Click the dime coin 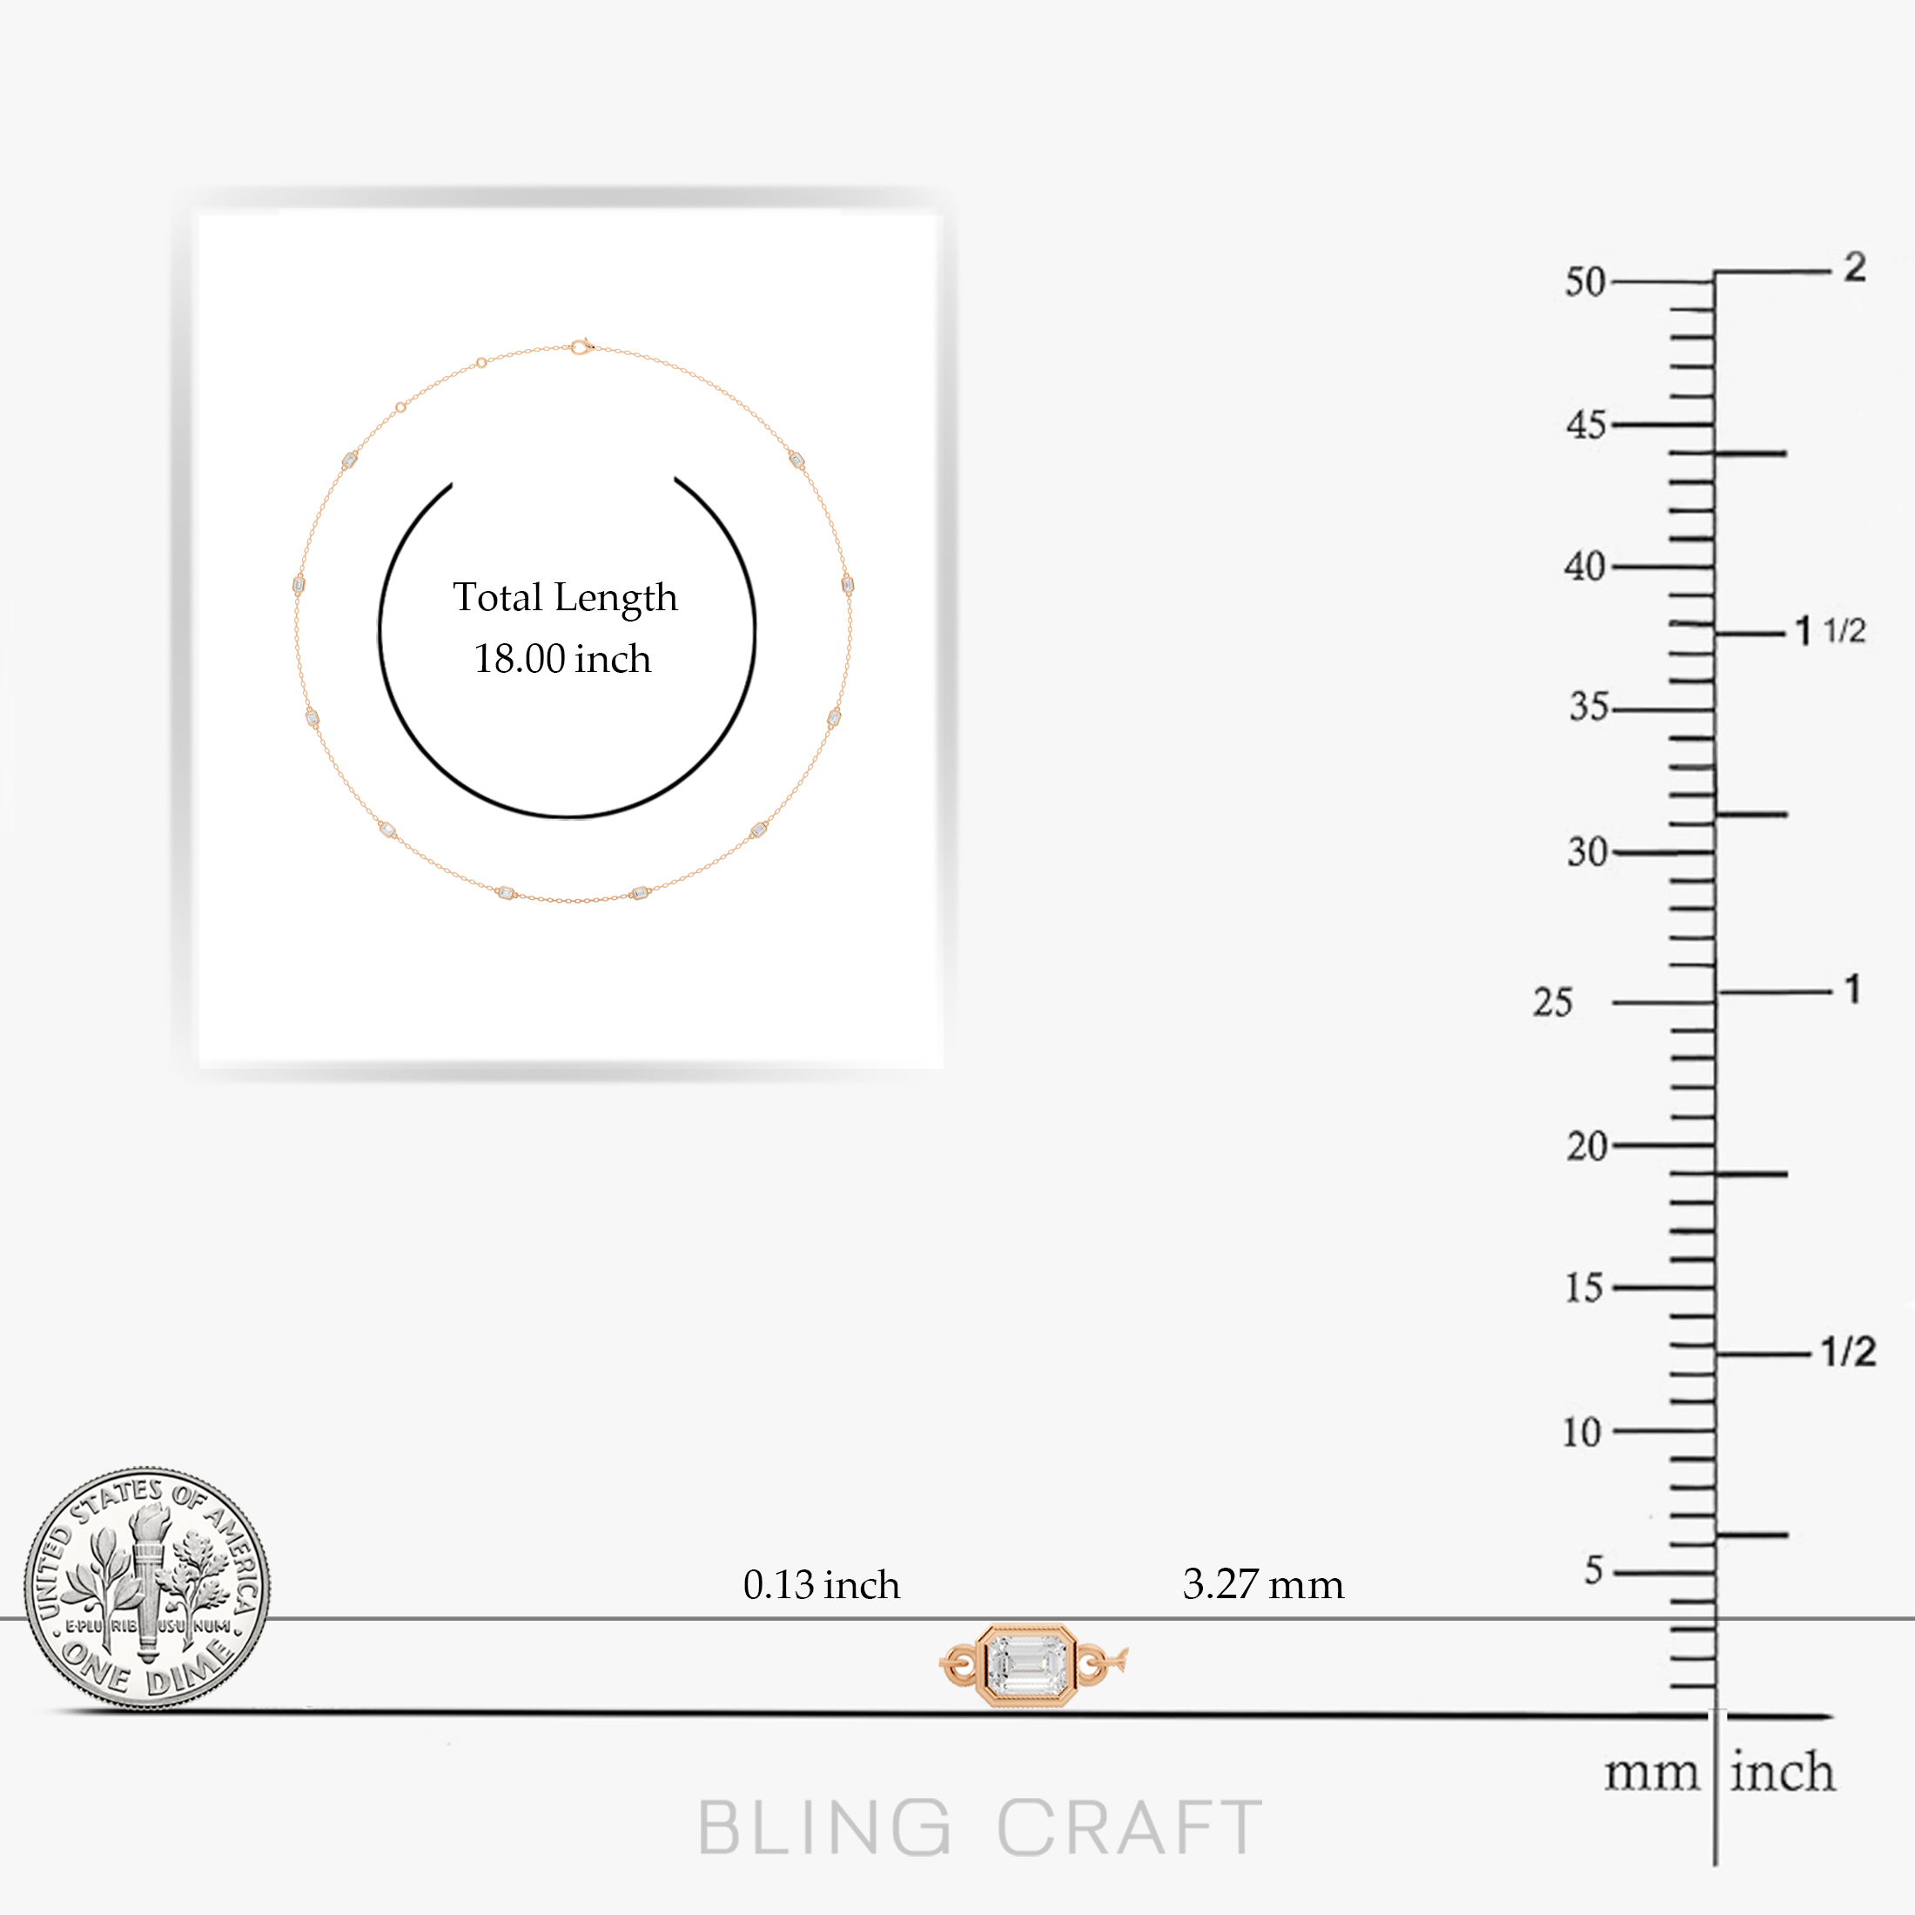[x=147, y=1588]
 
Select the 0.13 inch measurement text [x=822, y=1585]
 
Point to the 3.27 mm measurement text [x=1263, y=1585]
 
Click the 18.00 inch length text [x=562, y=659]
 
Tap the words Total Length [x=565, y=598]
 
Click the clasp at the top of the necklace [x=581, y=346]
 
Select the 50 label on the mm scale [x=1585, y=283]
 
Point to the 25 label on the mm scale [x=1552, y=1002]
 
